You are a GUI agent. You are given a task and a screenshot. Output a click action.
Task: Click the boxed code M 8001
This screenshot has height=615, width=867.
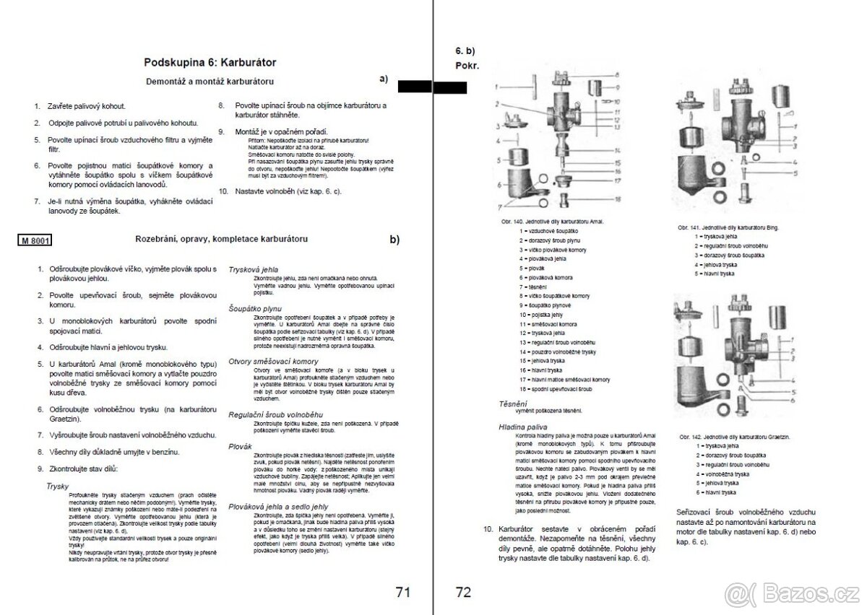[35, 240]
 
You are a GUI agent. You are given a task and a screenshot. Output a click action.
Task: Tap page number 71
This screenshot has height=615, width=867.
[403, 593]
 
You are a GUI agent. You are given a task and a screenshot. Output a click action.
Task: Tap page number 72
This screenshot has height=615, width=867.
[464, 593]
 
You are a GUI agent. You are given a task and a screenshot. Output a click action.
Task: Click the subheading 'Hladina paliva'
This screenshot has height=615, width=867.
[522, 427]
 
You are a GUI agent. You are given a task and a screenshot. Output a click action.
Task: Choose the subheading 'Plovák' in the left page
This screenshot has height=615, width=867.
[240, 447]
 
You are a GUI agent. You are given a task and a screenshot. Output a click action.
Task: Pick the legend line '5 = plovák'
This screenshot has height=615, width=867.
[532, 267]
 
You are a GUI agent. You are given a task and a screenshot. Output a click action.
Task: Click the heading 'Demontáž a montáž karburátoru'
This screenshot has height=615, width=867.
[210, 82]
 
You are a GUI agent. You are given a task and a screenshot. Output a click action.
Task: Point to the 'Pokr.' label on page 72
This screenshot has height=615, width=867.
[467, 65]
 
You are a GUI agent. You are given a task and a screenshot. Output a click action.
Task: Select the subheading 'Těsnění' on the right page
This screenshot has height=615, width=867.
[513, 403]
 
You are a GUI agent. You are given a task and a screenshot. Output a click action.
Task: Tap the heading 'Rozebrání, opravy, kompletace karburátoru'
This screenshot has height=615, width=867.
[222, 238]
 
